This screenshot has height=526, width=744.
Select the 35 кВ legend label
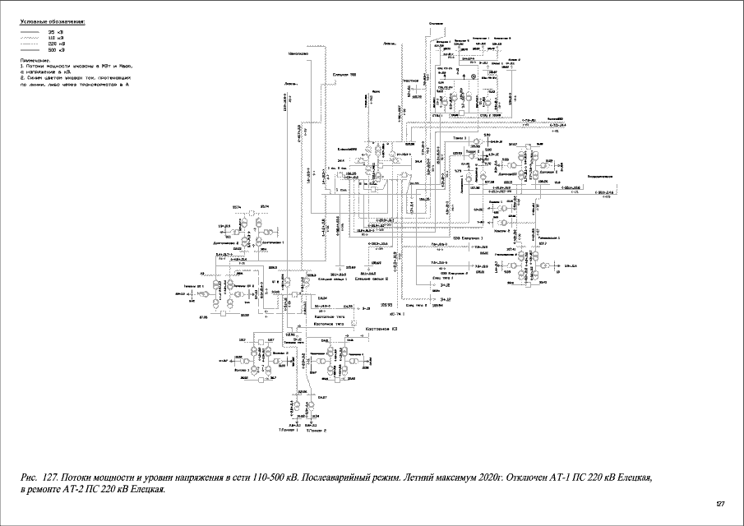[56, 31]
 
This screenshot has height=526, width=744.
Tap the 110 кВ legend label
[56, 38]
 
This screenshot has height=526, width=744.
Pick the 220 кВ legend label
[56, 44]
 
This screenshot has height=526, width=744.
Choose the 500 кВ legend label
[56, 51]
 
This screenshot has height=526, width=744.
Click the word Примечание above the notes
[35, 59]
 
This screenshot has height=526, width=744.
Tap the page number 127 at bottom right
[720, 503]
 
